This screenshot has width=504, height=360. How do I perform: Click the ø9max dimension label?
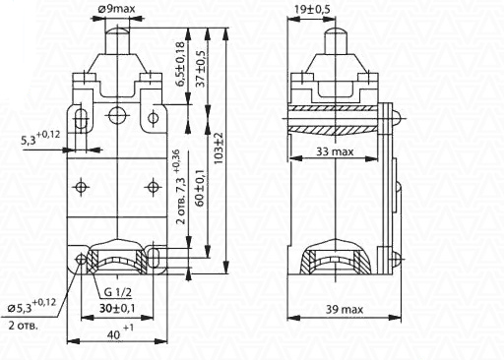(116, 9)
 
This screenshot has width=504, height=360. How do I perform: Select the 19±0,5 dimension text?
(312, 9)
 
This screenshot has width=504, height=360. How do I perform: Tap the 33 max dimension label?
(335, 151)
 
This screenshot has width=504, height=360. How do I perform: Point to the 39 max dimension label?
(345, 310)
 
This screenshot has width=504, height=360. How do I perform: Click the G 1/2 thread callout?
(118, 292)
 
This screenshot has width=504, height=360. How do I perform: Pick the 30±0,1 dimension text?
(117, 308)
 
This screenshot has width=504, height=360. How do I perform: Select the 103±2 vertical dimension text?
(219, 149)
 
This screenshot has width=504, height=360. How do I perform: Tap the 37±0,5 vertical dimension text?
(200, 69)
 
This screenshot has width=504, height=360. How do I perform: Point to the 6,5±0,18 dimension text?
(180, 64)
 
